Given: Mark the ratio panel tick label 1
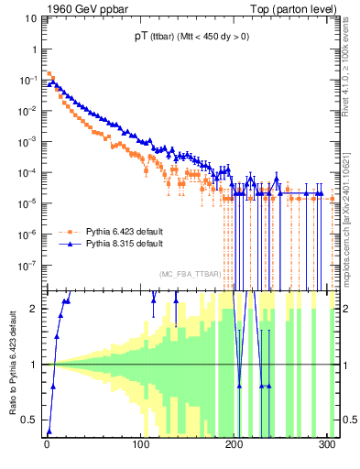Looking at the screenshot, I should coord(35,365).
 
